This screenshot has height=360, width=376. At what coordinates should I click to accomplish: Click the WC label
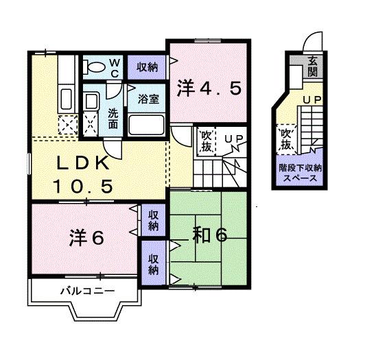pos(115,68)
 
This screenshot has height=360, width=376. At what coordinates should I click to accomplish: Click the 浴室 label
pos(148,99)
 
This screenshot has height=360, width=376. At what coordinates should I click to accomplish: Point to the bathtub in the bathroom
pos(147,124)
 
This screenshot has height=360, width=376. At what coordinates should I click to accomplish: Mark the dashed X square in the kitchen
pos(67,125)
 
